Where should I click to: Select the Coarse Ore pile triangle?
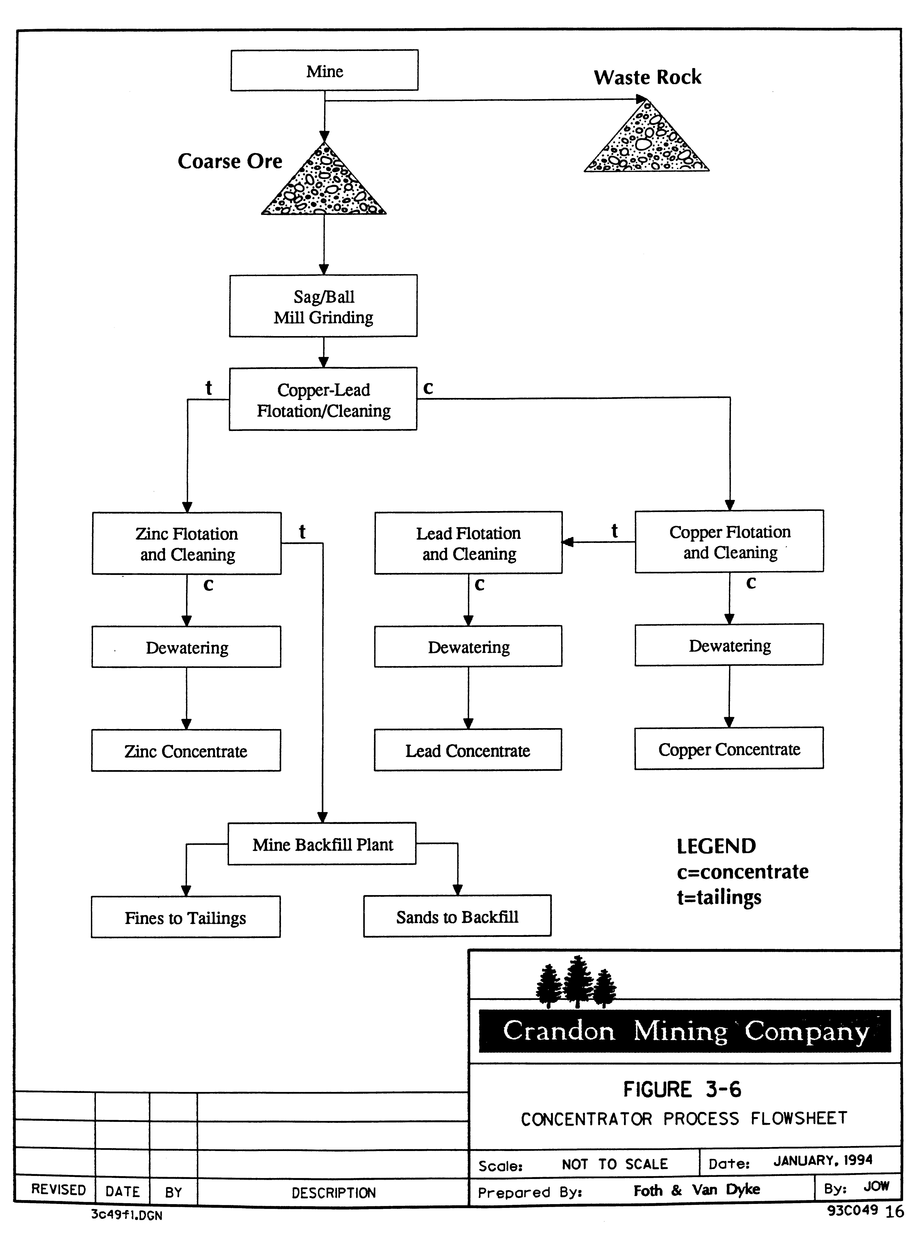pyautogui.click(x=324, y=184)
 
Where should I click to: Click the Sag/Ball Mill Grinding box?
pyautogui.click(x=324, y=306)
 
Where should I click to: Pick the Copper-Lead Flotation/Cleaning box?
pyautogui.click(x=324, y=399)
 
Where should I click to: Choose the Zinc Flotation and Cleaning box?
pyautogui.click(x=187, y=543)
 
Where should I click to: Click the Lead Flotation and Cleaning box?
pyautogui.click(x=469, y=543)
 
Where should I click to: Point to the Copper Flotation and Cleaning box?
pyautogui.click(x=730, y=541)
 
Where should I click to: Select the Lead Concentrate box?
pyautogui.click(x=468, y=750)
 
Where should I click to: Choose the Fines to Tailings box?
pyautogui.click(x=185, y=917)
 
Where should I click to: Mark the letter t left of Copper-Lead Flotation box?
pyautogui.click(x=209, y=387)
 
